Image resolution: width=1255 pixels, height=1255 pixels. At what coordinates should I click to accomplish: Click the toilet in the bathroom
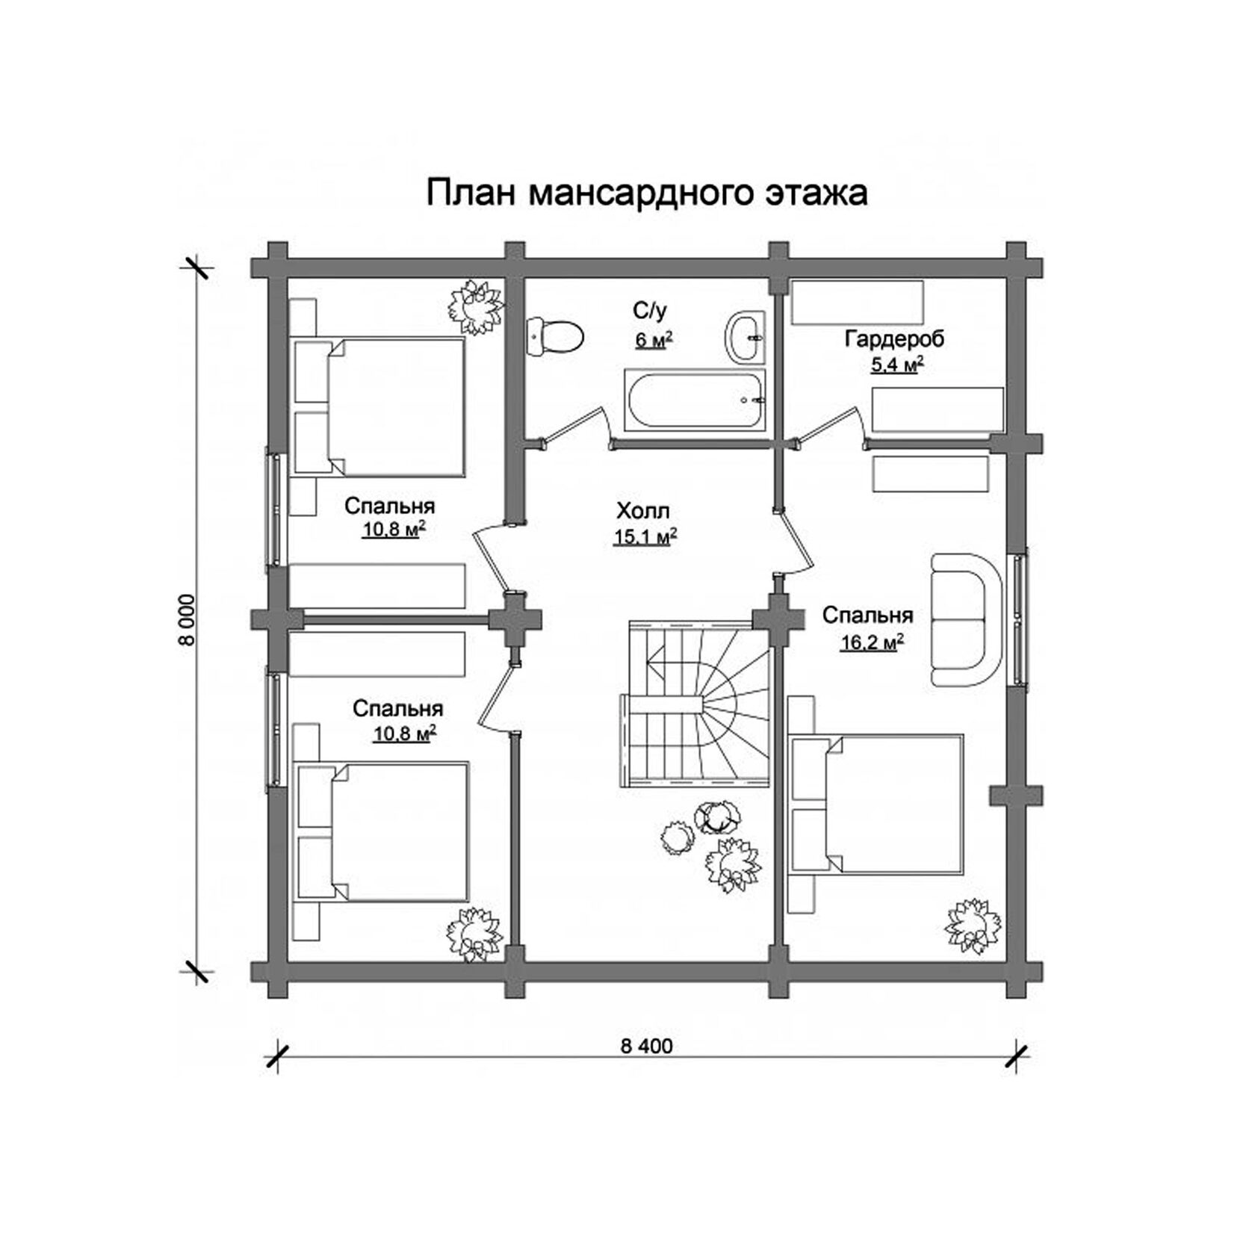[x=554, y=337]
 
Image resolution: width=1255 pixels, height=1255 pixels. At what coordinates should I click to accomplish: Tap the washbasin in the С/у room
[x=745, y=338]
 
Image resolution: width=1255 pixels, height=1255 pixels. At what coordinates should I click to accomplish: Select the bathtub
[x=694, y=400]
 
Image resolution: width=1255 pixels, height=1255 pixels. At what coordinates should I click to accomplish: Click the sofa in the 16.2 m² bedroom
[x=966, y=619]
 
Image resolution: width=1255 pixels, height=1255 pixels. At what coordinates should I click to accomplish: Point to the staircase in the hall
[x=695, y=702]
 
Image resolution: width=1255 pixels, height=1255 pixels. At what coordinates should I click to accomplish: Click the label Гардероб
[x=894, y=339]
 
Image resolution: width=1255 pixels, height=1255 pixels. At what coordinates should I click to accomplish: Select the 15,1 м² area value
[x=645, y=537]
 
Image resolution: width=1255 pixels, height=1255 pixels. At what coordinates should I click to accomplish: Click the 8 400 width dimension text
[x=646, y=1046]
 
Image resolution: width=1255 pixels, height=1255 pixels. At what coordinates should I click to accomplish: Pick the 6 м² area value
[x=654, y=341]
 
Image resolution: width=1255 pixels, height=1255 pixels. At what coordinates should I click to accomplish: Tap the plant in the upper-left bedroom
[x=474, y=306]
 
